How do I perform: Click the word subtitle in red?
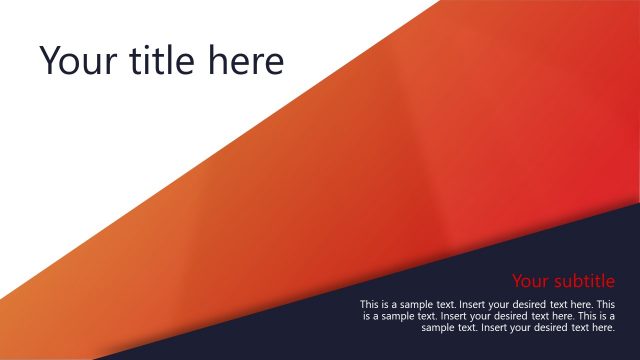tap(585, 281)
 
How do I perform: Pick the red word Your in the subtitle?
tap(532, 281)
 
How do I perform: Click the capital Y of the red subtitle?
tap(518, 281)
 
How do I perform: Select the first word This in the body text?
tap(369, 304)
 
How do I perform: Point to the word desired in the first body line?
tap(536, 304)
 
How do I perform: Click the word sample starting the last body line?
tap(437, 327)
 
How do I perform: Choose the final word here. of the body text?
tap(603, 327)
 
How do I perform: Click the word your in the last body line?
tap(530, 327)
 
